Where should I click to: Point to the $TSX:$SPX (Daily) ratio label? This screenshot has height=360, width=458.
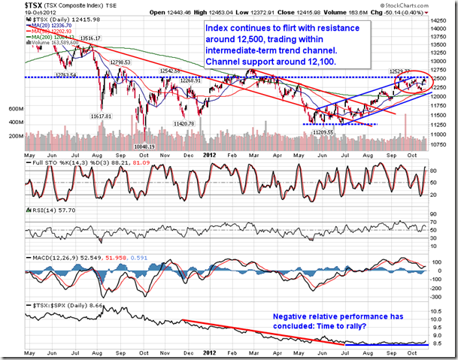click(x=60, y=307)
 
